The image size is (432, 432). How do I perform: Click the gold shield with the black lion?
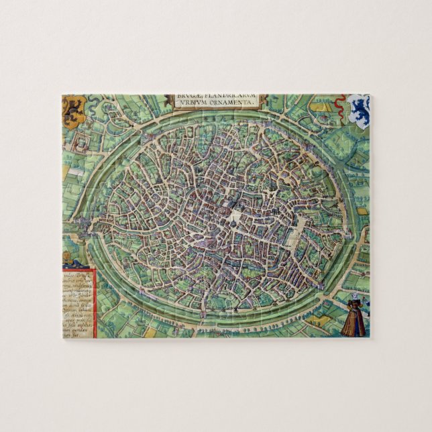pos(74,111)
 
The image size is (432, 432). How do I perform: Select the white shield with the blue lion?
pos(360,111)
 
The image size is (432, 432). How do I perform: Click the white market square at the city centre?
pos(235,216)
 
